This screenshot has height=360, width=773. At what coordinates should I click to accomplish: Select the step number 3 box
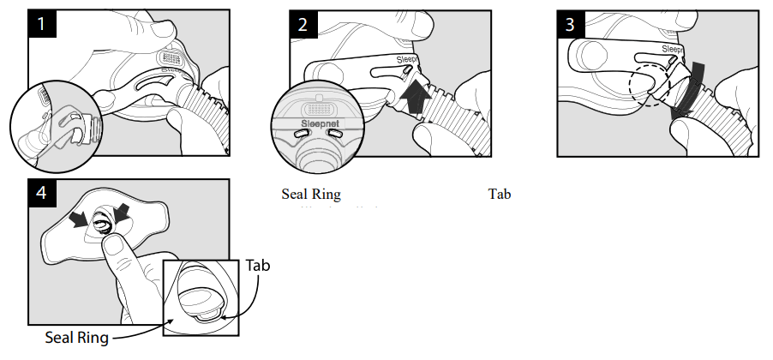click(x=570, y=24)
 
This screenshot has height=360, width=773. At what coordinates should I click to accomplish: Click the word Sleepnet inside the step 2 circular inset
click(x=316, y=123)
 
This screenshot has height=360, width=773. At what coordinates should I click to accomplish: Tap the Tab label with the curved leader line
click(x=257, y=266)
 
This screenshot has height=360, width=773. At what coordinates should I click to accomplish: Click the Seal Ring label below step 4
click(x=76, y=338)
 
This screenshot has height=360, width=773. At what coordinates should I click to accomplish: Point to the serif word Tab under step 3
click(x=499, y=194)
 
